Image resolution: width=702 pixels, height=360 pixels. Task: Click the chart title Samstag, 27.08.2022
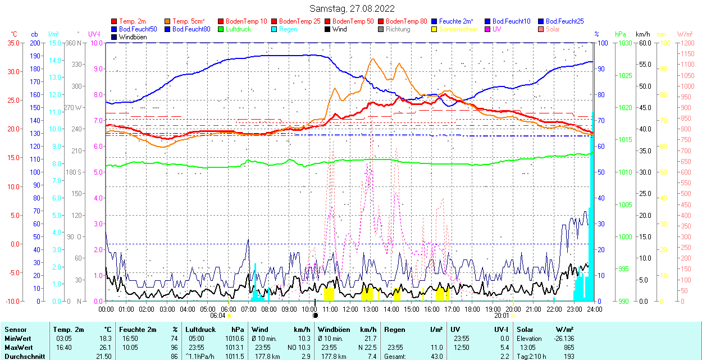coord(352,8)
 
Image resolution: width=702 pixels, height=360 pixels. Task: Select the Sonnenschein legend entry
coord(458,29)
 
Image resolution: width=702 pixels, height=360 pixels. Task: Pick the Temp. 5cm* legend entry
coord(188,21)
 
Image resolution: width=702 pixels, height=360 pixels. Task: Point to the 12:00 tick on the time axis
coord(350,309)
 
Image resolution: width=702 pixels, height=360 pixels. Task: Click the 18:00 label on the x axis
coord(472,309)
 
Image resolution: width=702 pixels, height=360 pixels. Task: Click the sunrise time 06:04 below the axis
coord(217,316)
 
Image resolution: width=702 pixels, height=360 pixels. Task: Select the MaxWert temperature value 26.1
coord(105,347)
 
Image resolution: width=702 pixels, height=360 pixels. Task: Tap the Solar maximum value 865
coord(569,347)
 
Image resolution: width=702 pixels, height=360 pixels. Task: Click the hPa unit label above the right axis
coord(620,34)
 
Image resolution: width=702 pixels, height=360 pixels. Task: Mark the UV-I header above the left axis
coord(94,34)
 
